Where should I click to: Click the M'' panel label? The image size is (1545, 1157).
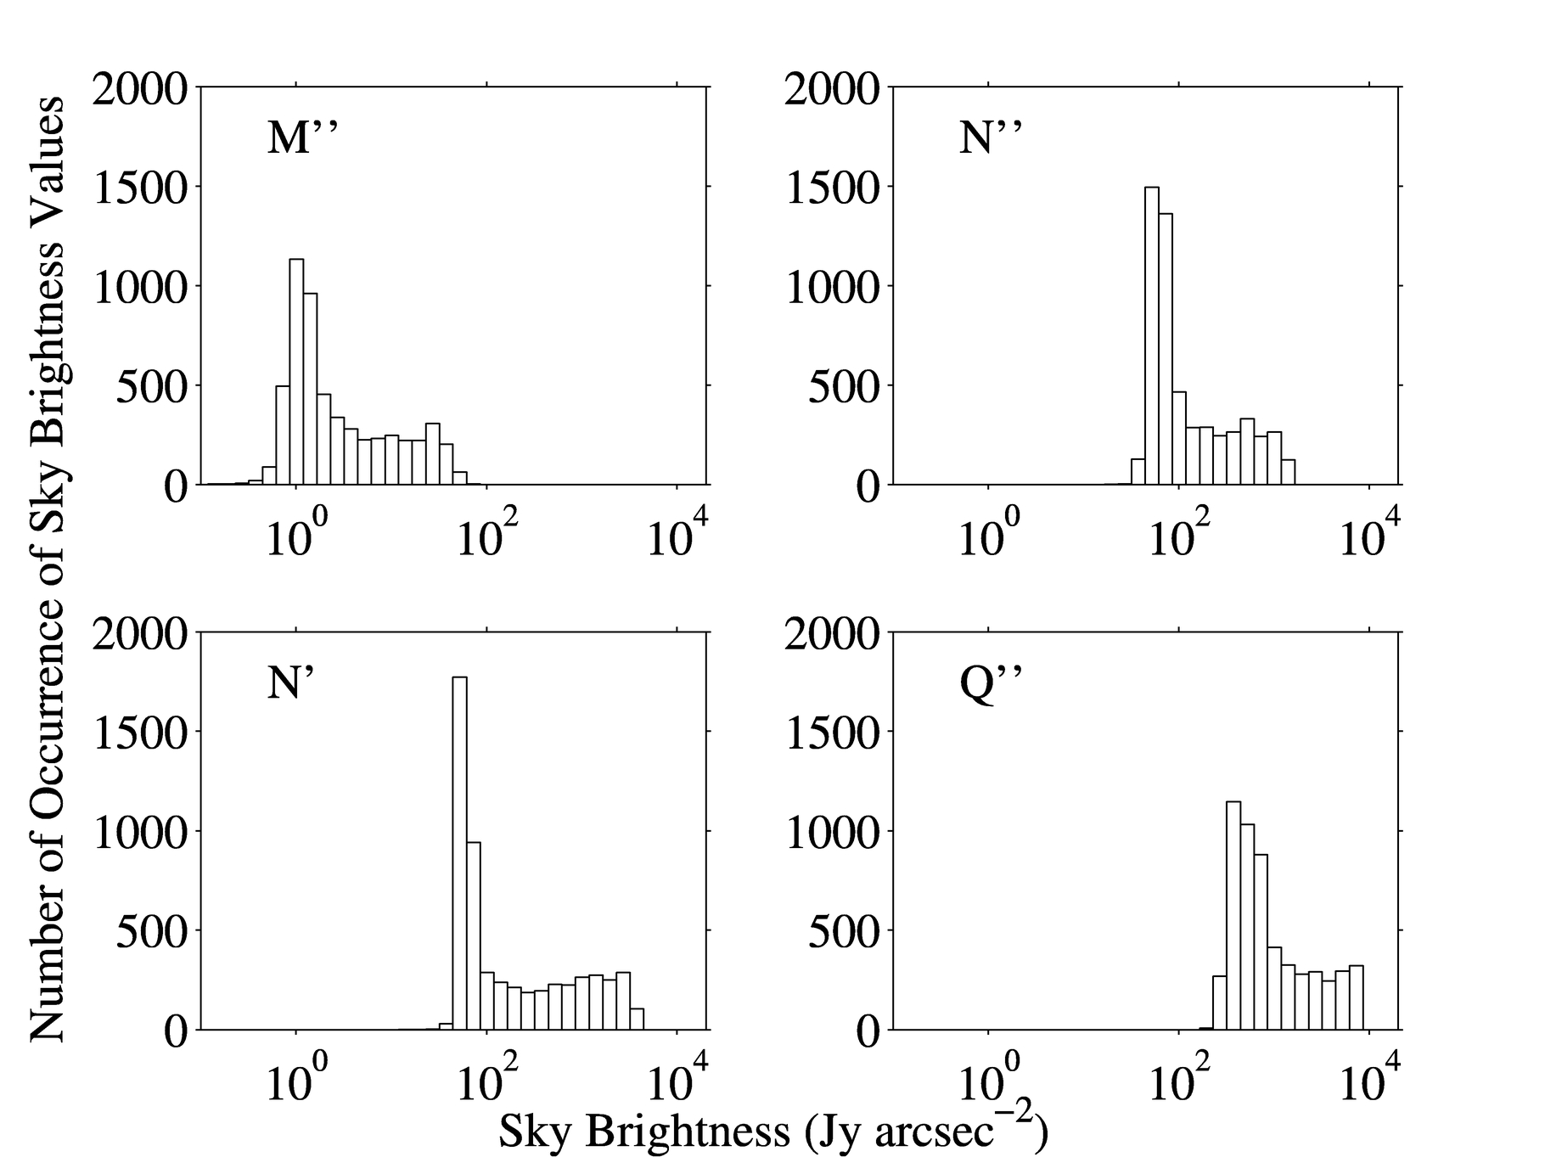[x=303, y=138]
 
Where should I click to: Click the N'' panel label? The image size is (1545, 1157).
[x=990, y=138]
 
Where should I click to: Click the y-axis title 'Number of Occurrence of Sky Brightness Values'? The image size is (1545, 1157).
[x=47, y=569]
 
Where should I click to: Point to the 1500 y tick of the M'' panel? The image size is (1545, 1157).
[x=139, y=188]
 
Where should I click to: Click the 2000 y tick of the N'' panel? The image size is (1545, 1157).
[x=831, y=88]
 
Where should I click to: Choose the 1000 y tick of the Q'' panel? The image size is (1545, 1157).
[x=831, y=832]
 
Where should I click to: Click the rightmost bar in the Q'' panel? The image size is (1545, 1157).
[x=1357, y=997]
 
